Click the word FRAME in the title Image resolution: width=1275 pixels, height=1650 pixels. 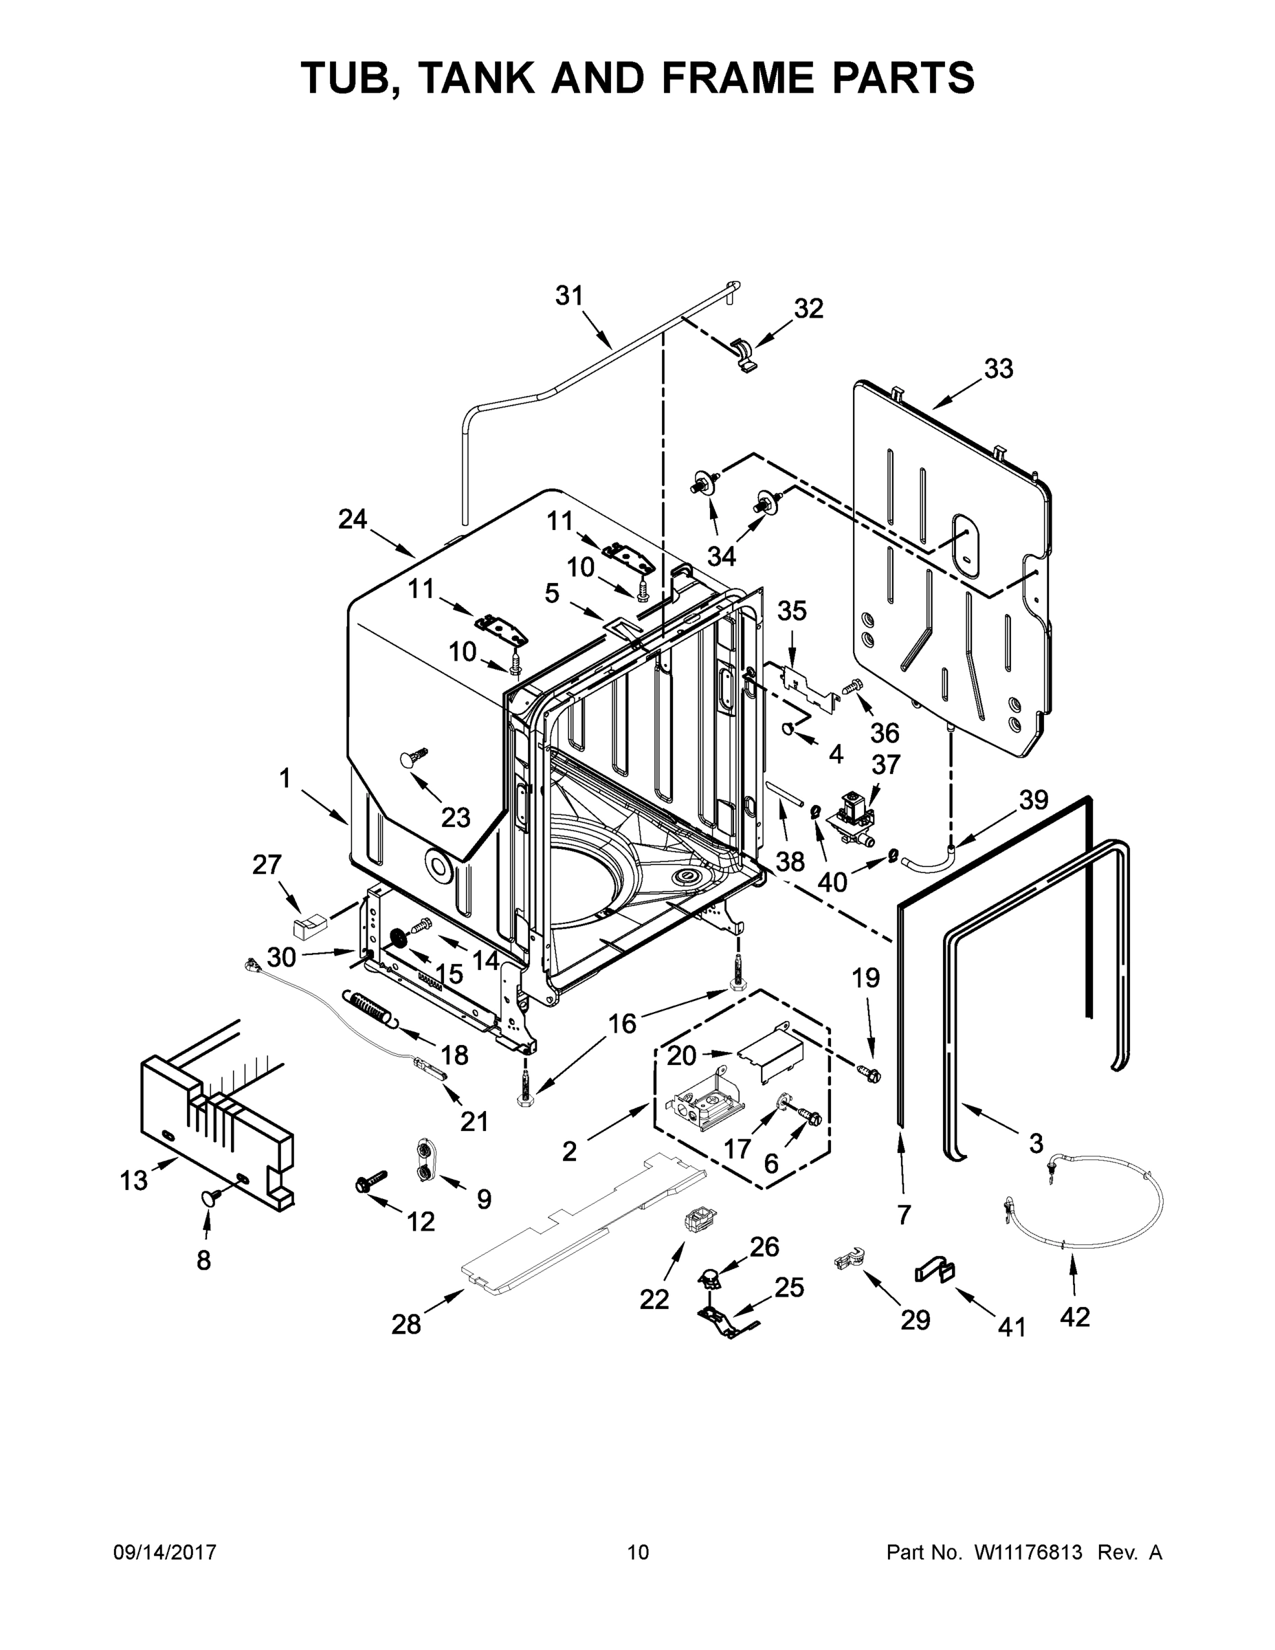coord(750,78)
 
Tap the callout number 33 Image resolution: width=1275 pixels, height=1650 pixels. coord(999,369)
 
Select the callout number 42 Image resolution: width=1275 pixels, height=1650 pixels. coord(1075,1317)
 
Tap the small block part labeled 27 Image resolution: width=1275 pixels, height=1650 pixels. coord(310,925)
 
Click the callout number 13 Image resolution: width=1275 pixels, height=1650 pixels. coord(134,1180)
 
